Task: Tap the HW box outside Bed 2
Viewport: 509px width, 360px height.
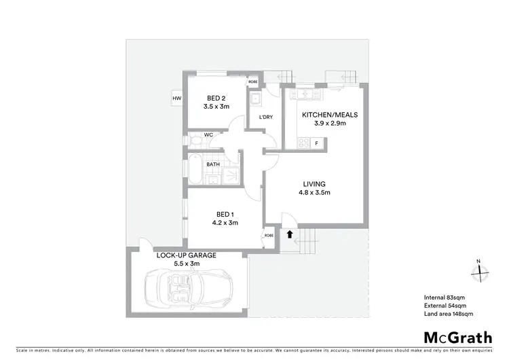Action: pos(177,99)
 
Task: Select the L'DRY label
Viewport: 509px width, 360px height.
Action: pos(266,118)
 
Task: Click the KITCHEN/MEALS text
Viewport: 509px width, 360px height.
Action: pos(324,115)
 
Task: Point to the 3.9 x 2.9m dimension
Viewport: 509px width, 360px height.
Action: pos(324,124)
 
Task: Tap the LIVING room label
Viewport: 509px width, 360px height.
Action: pos(315,184)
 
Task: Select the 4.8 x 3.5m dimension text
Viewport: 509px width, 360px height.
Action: pos(315,193)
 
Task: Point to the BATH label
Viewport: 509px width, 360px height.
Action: pos(213,164)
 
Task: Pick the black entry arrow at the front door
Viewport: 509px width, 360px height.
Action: pos(290,235)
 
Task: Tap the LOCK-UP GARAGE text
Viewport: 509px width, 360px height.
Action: pos(187,255)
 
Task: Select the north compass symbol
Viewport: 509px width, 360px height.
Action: pos(480,271)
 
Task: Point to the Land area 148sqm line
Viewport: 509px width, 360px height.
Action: pos(448,314)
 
